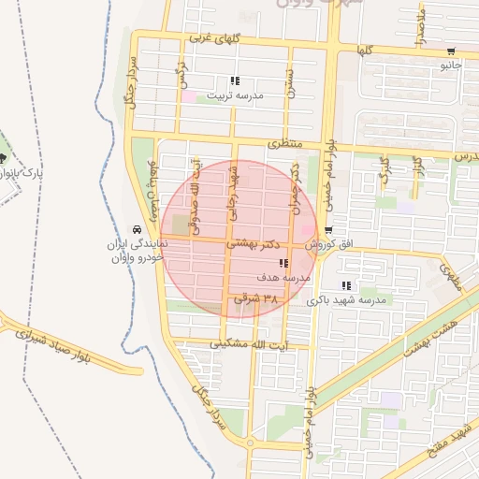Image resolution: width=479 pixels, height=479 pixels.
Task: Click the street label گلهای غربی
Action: [214, 39]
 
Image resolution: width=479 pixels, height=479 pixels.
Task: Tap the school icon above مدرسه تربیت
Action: [235, 81]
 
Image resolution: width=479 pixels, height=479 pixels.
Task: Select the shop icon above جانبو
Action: [451, 51]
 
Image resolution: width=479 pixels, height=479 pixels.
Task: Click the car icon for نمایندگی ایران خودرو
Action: [137, 229]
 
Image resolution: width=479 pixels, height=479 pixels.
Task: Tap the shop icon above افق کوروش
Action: [328, 230]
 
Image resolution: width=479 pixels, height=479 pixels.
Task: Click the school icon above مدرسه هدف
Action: [283, 265]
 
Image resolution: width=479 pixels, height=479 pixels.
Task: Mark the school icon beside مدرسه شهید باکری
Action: [346, 285]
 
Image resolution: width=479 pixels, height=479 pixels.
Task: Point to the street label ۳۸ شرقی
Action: [256, 299]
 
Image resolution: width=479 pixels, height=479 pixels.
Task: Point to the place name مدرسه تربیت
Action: [236, 95]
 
